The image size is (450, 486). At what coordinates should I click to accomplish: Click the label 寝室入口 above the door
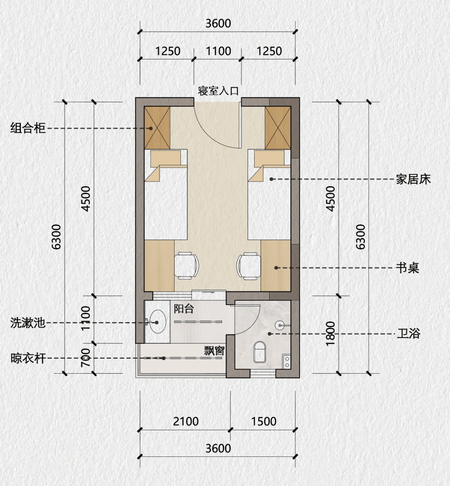pos(218,91)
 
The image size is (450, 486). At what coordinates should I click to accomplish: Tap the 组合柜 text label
pos(28,128)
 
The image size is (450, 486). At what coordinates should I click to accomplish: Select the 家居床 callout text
pos(413,179)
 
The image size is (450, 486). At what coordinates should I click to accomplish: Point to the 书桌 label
pos(407,268)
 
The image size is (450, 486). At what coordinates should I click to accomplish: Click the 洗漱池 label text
pos(28,322)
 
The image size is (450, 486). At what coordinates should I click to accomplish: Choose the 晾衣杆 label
pos(28,358)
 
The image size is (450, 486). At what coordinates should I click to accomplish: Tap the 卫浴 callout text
pos(408,334)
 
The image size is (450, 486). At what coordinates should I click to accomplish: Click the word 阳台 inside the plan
pos(184,309)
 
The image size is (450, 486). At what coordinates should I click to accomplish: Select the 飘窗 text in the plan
pos(214,350)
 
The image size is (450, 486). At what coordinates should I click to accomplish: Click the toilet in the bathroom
pos(260,352)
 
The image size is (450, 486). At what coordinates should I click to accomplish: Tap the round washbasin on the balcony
pos(157,322)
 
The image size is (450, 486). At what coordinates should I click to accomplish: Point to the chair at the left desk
pos(186,265)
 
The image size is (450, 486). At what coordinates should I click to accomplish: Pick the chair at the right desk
pos(249,265)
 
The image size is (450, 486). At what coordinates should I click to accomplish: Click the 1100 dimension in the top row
pos(218,51)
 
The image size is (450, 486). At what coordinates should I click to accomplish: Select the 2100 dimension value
pos(185,422)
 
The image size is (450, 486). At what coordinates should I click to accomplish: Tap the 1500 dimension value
pos(263,422)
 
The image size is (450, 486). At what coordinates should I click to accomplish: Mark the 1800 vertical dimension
pos(330,333)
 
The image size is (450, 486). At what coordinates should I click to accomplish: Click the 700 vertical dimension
pos(85,357)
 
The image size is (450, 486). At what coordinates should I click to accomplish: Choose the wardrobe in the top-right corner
pos(278,128)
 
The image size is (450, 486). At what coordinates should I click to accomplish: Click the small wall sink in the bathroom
pos(280,325)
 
